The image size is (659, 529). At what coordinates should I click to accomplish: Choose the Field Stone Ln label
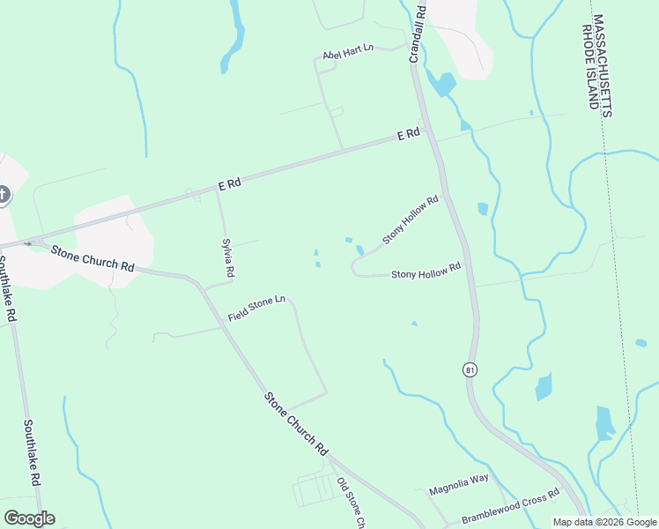click(x=256, y=309)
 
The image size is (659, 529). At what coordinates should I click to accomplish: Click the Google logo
click(x=29, y=518)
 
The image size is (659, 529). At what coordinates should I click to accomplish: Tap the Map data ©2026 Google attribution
click(x=603, y=522)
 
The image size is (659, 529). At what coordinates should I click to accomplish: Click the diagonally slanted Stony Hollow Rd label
click(x=411, y=220)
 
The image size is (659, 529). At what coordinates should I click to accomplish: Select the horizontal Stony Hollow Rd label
click(x=426, y=273)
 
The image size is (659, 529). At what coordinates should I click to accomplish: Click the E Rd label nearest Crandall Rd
click(x=408, y=135)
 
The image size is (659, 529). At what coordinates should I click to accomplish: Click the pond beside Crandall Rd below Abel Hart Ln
click(x=443, y=85)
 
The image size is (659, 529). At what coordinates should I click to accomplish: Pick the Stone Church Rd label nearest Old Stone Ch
click(x=296, y=423)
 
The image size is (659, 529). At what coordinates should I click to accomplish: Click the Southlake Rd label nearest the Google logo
click(x=33, y=452)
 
